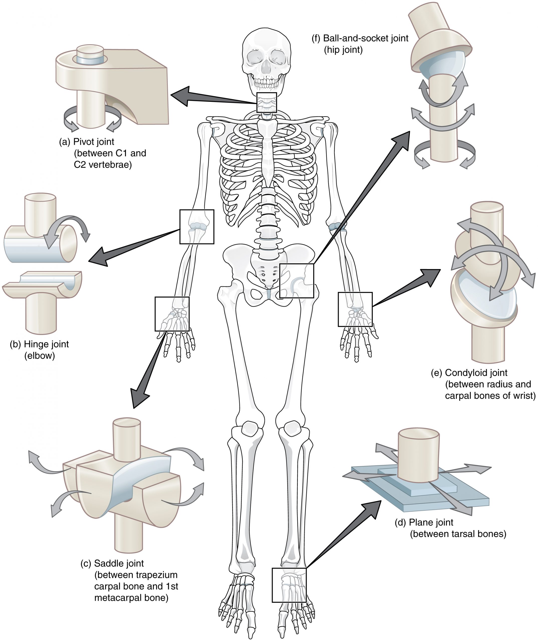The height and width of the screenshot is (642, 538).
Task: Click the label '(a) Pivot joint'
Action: point(86,142)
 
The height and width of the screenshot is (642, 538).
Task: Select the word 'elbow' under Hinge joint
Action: point(39,356)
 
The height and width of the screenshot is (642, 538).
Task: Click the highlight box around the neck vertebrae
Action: point(266,102)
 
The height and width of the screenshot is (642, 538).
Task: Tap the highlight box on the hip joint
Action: point(297,281)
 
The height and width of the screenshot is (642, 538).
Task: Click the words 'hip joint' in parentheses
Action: point(343,50)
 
